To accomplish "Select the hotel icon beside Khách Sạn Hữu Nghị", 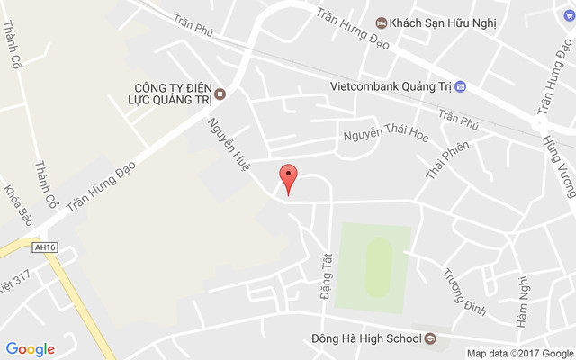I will [382, 21].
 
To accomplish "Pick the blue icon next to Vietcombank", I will [461, 86].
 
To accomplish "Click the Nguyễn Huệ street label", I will [229, 145].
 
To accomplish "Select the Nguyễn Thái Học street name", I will [387, 135].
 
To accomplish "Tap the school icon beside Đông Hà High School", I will [430, 339].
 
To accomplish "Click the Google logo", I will [31, 348].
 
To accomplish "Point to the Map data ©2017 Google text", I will [518, 353].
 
